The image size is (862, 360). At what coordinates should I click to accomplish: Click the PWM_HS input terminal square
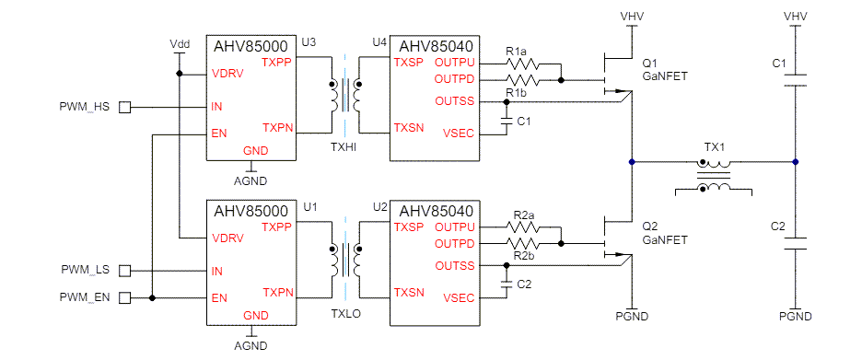(125, 107)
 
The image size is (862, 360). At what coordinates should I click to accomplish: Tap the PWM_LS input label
(85, 270)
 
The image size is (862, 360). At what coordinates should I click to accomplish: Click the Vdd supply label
(181, 44)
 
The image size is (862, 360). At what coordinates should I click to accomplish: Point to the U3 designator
(309, 42)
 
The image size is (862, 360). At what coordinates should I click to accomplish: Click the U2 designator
(379, 206)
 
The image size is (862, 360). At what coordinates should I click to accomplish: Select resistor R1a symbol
(525, 64)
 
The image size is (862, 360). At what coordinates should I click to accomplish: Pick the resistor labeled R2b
(525, 244)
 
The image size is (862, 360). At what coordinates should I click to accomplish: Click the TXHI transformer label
(343, 147)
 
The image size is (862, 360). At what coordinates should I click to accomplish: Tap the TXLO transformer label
(343, 313)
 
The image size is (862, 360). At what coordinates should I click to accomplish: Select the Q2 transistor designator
(649, 226)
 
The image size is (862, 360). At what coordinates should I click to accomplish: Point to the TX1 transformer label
(715, 147)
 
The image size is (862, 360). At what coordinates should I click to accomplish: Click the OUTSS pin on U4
(455, 100)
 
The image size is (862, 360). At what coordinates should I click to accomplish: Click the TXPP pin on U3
(277, 63)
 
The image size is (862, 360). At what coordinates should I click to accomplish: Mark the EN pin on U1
(219, 297)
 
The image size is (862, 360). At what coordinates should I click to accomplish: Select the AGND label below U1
(250, 346)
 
